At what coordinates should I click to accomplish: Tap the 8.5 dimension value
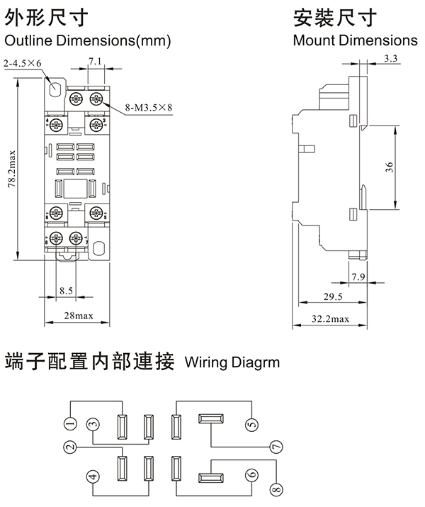click(x=66, y=291)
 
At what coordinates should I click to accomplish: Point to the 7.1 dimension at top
click(x=96, y=62)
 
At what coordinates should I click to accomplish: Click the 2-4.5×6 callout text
click(x=23, y=64)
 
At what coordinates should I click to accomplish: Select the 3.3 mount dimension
click(x=389, y=57)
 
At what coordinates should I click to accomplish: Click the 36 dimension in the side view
click(x=389, y=167)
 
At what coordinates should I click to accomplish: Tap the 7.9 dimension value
click(x=358, y=276)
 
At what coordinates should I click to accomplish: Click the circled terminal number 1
click(x=69, y=425)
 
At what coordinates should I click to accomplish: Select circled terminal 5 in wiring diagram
click(x=251, y=425)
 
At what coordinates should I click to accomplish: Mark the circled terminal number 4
click(x=92, y=476)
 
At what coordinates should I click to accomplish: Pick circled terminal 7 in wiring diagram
click(x=276, y=447)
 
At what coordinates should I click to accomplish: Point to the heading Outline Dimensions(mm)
click(x=88, y=41)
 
